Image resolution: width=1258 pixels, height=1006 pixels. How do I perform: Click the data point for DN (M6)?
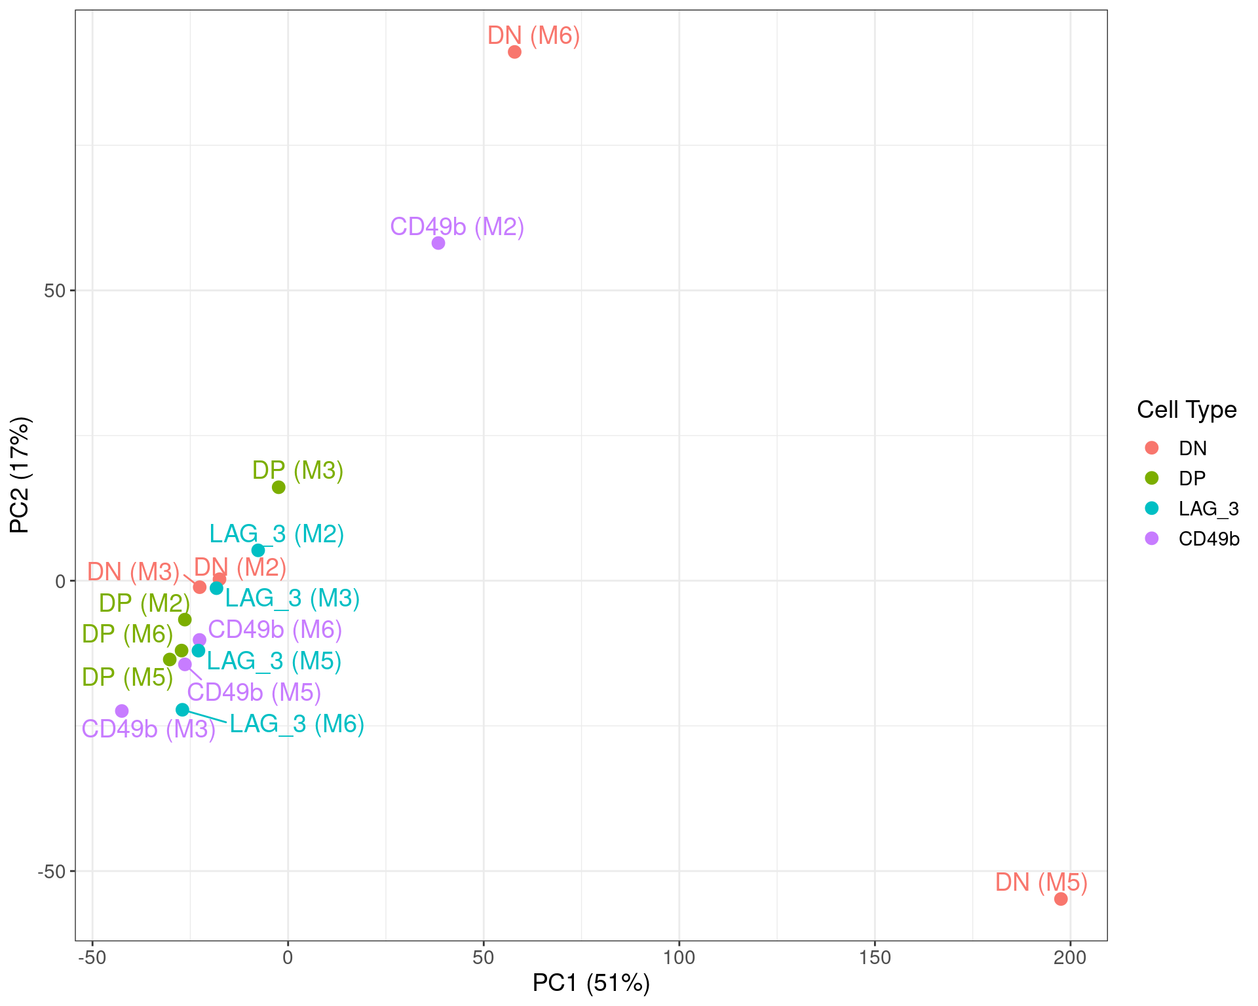[x=514, y=52]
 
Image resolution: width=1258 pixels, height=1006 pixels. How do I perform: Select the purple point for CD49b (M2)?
[x=438, y=243]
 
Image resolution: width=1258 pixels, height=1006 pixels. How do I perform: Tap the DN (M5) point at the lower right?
[x=1061, y=899]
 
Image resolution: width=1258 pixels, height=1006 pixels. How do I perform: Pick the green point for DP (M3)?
[x=278, y=487]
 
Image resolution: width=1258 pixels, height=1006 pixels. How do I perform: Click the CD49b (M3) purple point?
[x=122, y=711]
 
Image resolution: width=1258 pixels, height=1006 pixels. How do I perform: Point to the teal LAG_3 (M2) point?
[x=258, y=550]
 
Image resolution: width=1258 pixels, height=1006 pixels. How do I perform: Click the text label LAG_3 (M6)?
[x=297, y=724]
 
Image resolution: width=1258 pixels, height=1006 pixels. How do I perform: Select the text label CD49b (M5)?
[x=254, y=692]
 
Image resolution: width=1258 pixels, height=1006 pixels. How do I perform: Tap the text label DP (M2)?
[x=144, y=603]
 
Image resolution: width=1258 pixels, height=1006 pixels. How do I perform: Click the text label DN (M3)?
[x=133, y=572]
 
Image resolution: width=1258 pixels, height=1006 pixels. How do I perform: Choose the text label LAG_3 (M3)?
[x=292, y=598]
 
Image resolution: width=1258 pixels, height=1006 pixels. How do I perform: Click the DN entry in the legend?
[x=1192, y=448]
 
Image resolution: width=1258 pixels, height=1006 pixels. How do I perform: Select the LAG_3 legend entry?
[x=1208, y=508]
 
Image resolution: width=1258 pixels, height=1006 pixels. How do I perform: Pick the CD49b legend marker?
[x=1151, y=538]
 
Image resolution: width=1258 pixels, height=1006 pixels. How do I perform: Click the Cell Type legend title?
[x=1186, y=409]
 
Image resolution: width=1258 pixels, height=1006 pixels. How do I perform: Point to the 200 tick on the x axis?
[x=1070, y=958]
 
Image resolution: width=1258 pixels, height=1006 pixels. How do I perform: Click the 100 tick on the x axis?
[x=679, y=958]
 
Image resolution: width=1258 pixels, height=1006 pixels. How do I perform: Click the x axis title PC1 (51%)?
[x=591, y=982]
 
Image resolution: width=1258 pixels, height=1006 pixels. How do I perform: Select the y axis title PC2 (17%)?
[x=20, y=475]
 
